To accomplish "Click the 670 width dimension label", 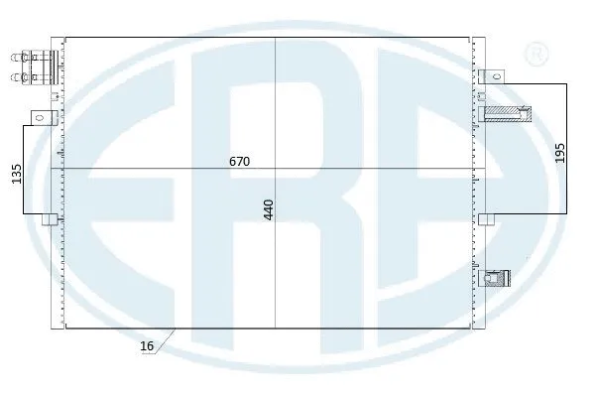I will [x=239, y=160].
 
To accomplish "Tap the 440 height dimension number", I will [x=269, y=208].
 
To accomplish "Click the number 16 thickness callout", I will [x=148, y=345].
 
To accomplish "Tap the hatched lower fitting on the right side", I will [x=495, y=279].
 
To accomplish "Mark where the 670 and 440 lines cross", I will [x=276, y=170].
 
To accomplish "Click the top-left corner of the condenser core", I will [x=65, y=37].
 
